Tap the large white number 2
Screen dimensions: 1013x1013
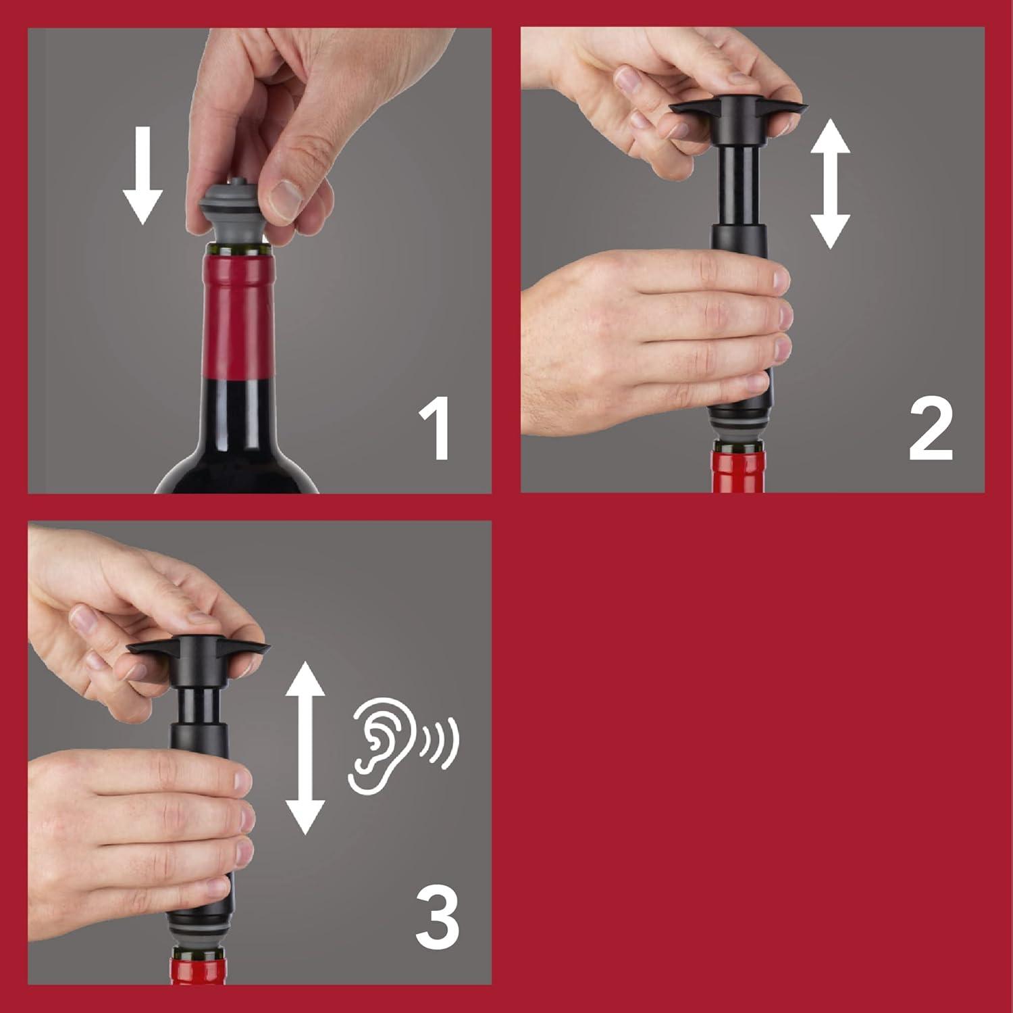tap(931, 430)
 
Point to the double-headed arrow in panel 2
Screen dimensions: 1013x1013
tap(829, 184)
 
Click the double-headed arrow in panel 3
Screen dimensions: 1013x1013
tap(305, 747)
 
